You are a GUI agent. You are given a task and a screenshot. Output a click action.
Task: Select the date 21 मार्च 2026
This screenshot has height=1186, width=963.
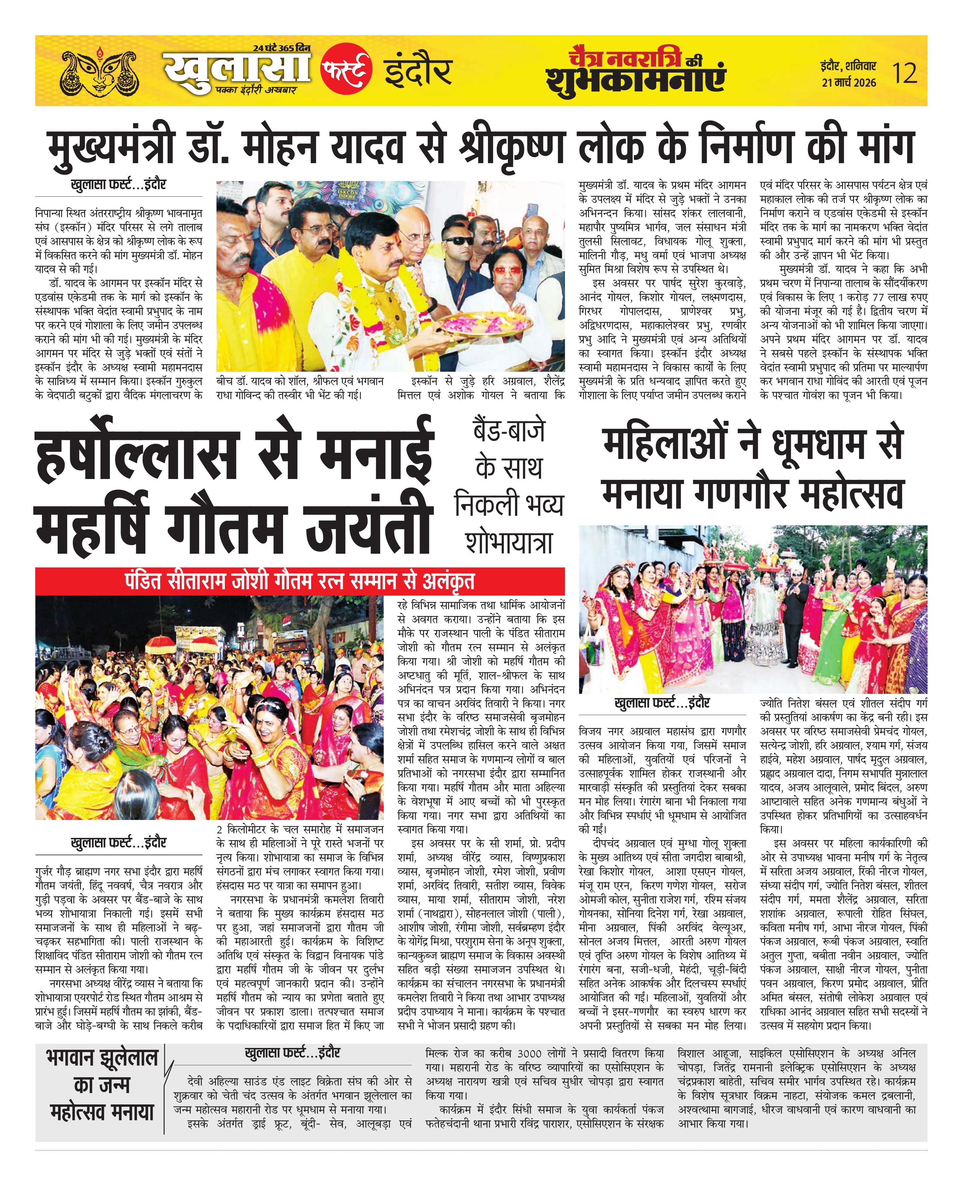pyautogui.click(x=849, y=83)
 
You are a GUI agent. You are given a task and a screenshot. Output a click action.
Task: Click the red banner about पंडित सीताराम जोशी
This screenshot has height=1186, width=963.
pyautogui.click(x=300, y=581)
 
